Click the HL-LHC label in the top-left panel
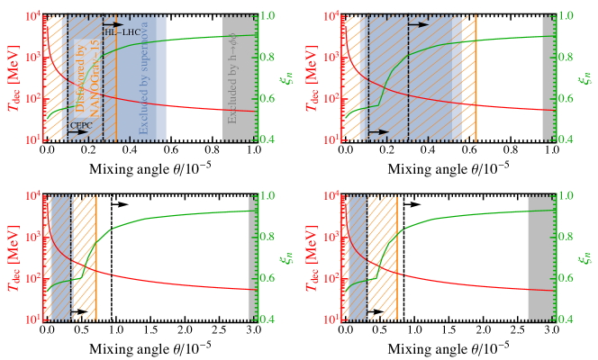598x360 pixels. tap(122, 32)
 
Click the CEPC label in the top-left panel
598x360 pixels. tap(80, 125)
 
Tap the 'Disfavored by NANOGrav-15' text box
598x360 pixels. tap(86, 77)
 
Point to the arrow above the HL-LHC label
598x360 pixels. tap(113, 24)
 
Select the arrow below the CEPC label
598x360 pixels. tap(78, 132)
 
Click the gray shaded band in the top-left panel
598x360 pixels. tap(240, 77)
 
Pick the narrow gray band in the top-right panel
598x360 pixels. tap(548, 77)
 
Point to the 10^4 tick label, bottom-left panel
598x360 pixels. tap(32, 196)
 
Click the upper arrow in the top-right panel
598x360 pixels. tap(419, 24)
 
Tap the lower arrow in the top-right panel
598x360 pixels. tap(378, 132)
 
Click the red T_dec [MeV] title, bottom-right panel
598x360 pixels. tap(311, 257)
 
